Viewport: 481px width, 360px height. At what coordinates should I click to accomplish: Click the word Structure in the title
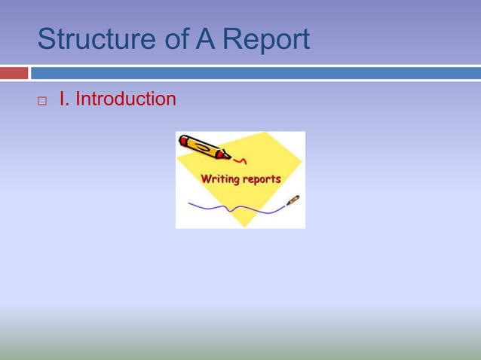[94, 39]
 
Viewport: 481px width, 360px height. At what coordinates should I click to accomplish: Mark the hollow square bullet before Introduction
[42, 100]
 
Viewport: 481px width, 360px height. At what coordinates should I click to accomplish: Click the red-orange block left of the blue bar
[14, 73]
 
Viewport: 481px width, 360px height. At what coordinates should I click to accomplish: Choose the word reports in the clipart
[261, 179]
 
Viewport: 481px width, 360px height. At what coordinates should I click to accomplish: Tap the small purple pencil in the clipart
[293, 200]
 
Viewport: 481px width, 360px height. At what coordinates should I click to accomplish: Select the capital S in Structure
[46, 39]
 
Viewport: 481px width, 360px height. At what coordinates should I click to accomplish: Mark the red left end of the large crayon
[183, 139]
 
